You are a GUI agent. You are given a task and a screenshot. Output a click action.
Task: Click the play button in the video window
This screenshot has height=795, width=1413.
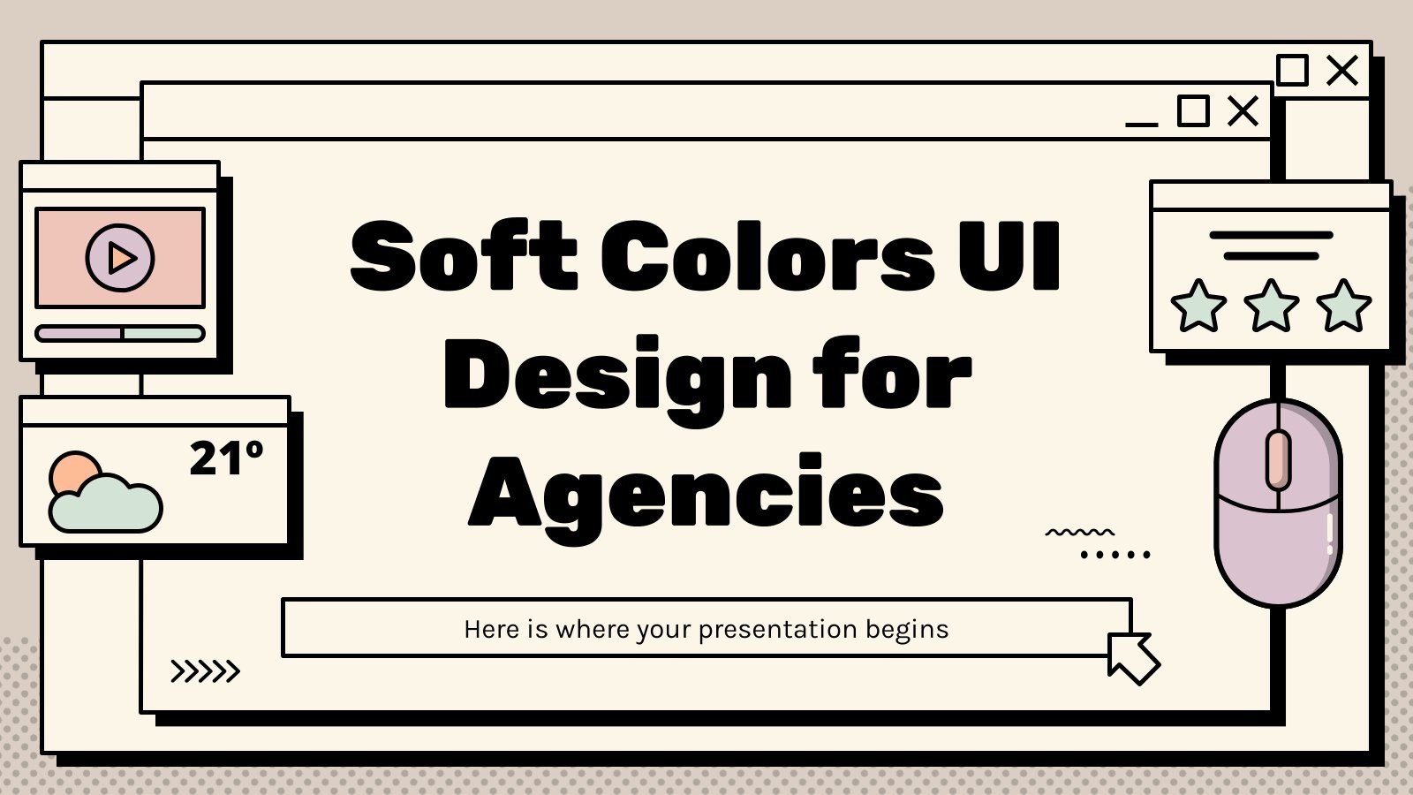[120, 258]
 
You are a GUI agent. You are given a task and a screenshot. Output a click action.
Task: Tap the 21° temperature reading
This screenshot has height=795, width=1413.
[226, 459]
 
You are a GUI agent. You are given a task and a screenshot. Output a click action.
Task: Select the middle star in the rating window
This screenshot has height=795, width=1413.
[1271, 306]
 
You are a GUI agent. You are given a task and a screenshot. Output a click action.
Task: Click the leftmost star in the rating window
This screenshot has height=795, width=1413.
[1198, 306]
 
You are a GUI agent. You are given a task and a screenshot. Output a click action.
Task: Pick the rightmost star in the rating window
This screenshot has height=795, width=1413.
[1343, 306]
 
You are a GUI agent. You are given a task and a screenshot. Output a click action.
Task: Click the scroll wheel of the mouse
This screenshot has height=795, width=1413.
[1278, 459]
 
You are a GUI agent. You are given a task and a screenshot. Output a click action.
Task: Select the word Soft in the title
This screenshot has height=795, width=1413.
[464, 256]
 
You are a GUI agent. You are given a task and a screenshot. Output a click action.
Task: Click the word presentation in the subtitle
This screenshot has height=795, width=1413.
[777, 630]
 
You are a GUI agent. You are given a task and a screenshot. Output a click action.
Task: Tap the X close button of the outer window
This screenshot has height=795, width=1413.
[1342, 71]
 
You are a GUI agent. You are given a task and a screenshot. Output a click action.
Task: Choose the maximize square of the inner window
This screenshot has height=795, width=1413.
[1193, 111]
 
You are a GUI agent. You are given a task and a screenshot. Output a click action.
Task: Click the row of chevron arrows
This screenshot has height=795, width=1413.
[205, 671]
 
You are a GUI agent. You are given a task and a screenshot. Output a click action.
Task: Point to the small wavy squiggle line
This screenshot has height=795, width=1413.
[1079, 533]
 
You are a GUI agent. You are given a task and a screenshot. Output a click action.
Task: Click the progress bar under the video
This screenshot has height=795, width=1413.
[120, 333]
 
